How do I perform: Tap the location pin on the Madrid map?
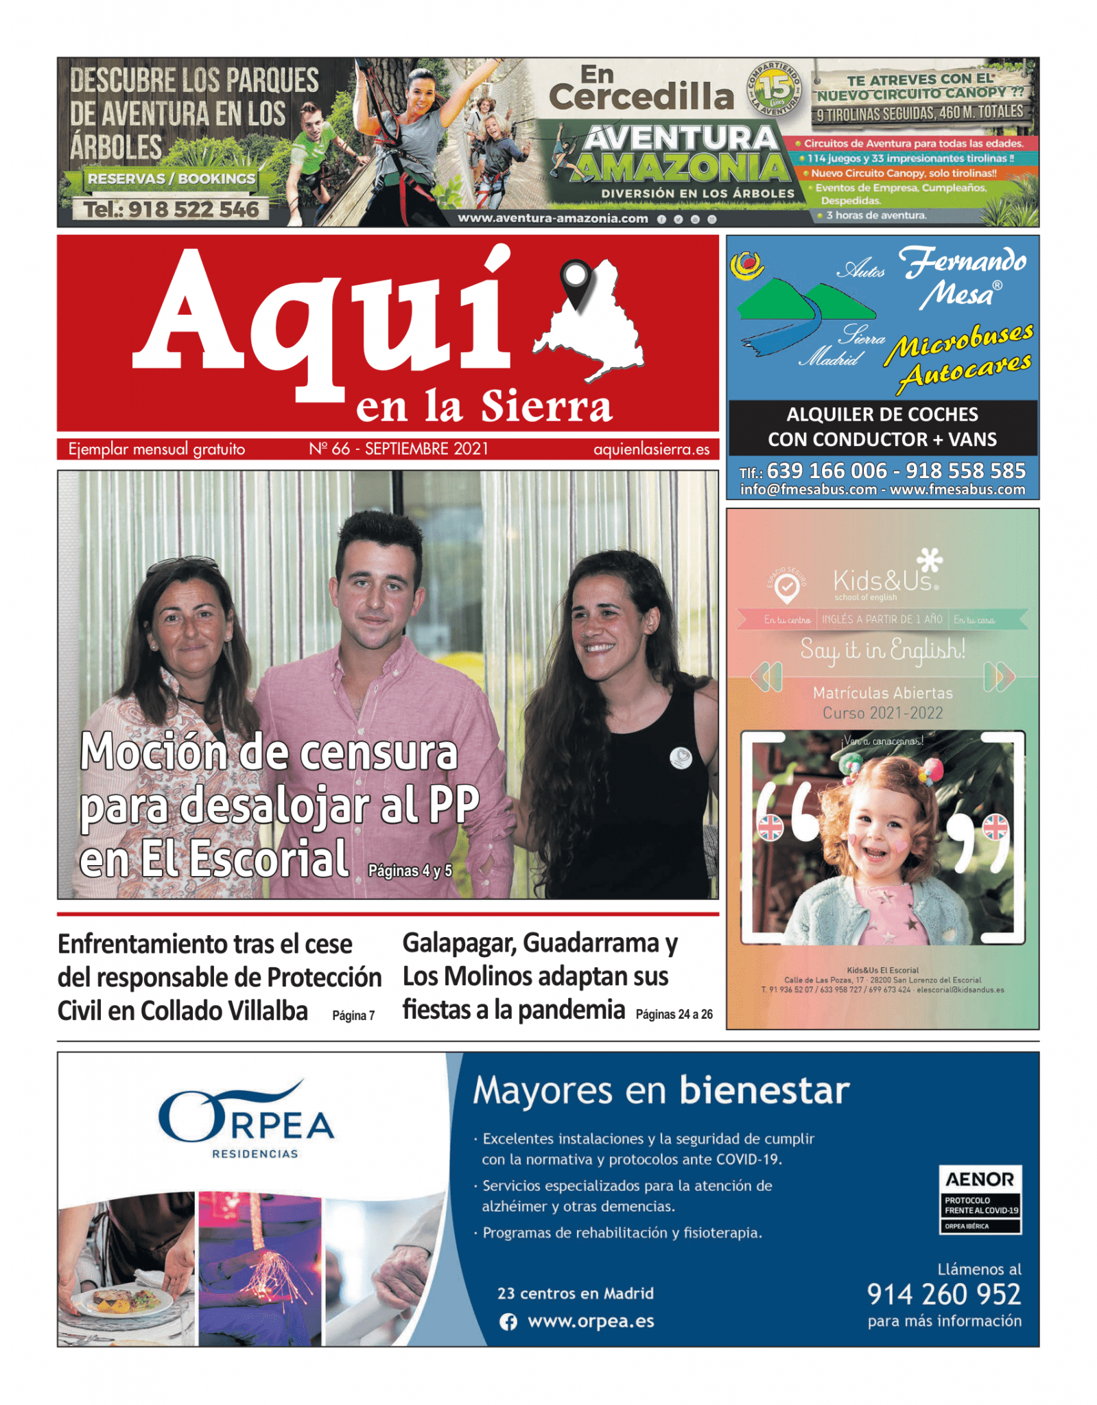pyautogui.click(x=576, y=281)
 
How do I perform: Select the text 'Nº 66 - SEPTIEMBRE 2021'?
pyautogui.click(x=399, y=449)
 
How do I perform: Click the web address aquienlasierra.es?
pyautogui.click(x=651, y=449)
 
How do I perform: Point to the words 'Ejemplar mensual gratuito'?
pyautogui.click(x=156, y=449)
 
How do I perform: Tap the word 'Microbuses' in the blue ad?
pyautogui.click(x=958, y=341)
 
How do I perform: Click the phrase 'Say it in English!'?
pyautogui.click(x=882, y=648)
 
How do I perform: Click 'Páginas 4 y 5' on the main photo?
pyautogui.click(x=410, y=871)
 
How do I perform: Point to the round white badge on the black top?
pyautogui.click(x=681, y=757)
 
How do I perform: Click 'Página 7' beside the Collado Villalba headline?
pyautogui.click(x=353, y=1015)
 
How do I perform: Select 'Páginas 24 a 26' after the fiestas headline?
pyautogui.click(x=674, y=1014)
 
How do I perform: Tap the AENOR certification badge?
pyautogui.click(x=980, y=1199)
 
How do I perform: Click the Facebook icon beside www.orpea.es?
pyautogui.click(x=508, y=1321)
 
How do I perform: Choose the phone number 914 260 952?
pyautogui.click(x=943, y=1294)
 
